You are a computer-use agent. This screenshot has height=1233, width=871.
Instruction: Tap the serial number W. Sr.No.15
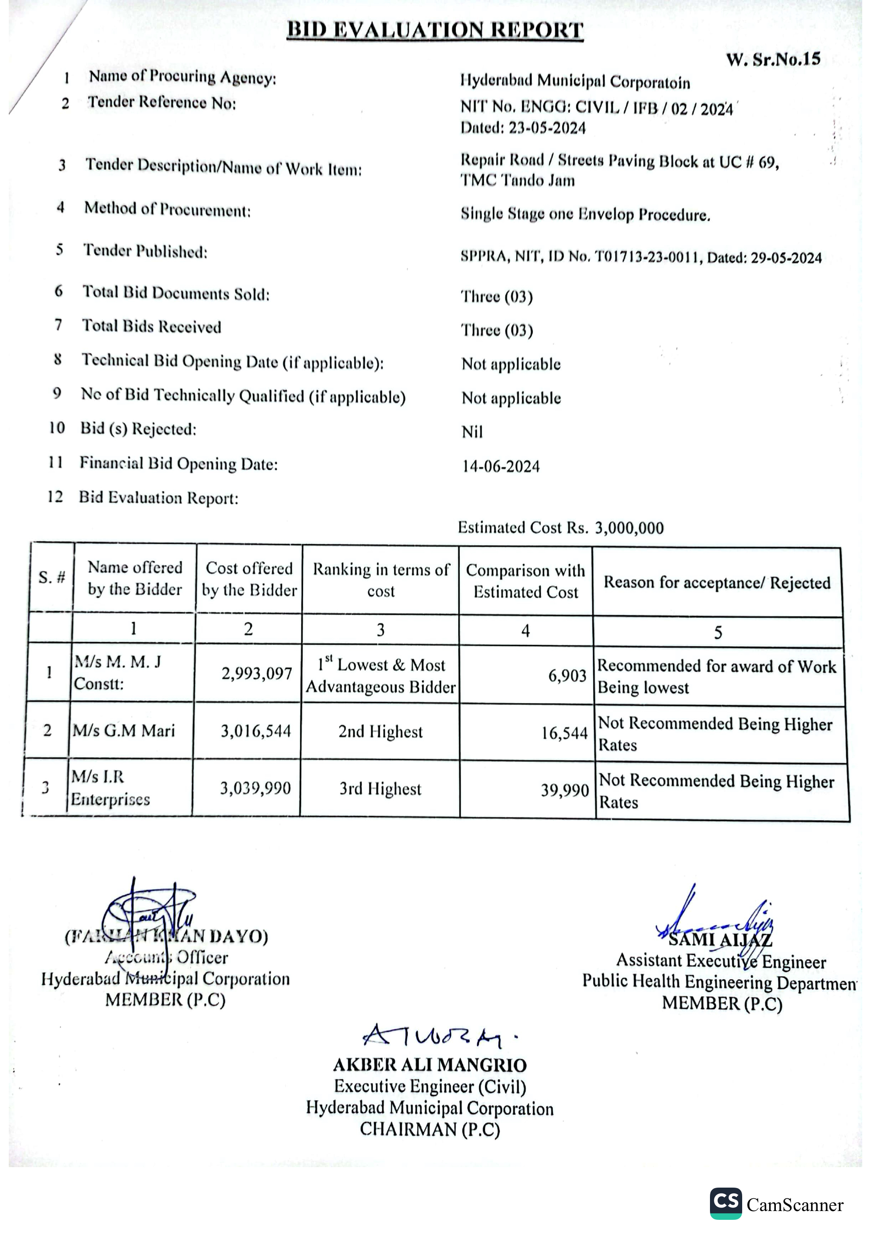(x=773, y=59)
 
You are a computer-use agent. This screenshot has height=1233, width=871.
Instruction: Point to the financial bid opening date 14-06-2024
(x=501, y=466)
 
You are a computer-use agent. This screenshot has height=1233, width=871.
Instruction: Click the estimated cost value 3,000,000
(x=629, y=528)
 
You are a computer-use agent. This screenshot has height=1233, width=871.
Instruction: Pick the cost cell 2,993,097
(x=257, y=674)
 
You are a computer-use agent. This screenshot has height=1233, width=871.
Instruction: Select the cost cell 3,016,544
(x=256, y=731)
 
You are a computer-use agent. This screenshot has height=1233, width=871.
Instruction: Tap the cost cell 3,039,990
(x=255, y=788)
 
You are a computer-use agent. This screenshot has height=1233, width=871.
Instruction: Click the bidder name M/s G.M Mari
(x=124, y=730)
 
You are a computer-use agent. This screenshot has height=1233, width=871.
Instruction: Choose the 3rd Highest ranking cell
(x=380, y=789)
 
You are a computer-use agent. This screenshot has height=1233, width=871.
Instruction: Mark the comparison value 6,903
(x=567, y=675)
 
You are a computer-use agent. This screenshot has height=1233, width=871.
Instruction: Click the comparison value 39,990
(x=565, y=790)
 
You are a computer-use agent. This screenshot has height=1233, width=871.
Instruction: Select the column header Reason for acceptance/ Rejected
(x=717, y=583)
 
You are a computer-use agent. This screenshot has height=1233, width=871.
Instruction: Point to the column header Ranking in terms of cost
(x=381, y=580)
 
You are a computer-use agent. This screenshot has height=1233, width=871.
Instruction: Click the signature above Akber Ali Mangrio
(x=435, y=1037)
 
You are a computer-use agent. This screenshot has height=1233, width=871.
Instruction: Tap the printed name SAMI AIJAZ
(x=720, y=940)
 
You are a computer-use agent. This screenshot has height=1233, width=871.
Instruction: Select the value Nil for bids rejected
(x=472, y=432)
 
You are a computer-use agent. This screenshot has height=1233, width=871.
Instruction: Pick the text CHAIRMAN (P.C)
(x=429, y=1130)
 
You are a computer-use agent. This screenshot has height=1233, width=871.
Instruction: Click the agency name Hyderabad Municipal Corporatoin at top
(x=575, y=81)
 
